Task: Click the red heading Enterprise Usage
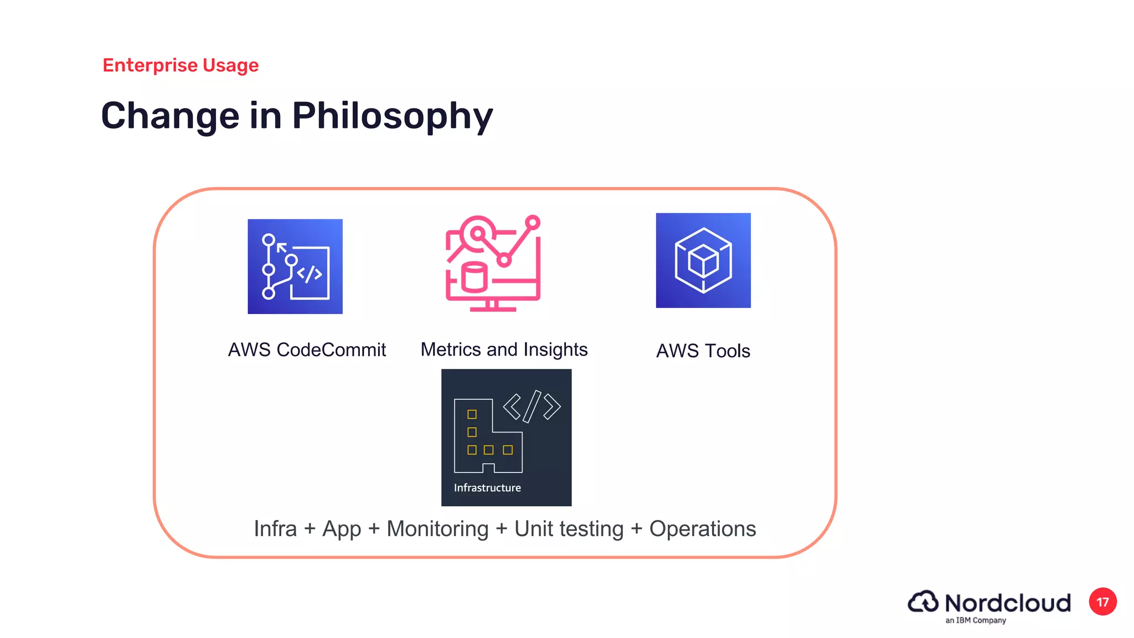pos(181,65)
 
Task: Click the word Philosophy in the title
pos(392,116)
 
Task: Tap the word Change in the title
pos(170,116)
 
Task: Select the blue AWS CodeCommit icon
pos(295,266)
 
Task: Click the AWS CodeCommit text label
pos(307,350)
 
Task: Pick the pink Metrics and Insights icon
pos(493,263)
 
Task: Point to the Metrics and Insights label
pos(504,349)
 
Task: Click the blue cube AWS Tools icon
pos(703,260)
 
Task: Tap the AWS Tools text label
pos(703,351)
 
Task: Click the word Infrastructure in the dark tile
pos(487,488)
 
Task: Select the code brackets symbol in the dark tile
pos(532,407)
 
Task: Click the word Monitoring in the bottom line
pos(437,529)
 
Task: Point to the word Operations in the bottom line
pos(702,529)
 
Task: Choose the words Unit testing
pos(569,529)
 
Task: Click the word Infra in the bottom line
pos(275,529)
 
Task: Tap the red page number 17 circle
pos(1102,602)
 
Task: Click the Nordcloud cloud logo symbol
pos(923,601)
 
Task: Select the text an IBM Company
pos(975,620)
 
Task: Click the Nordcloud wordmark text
pos(1007,603)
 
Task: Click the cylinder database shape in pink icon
pos(475,277)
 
